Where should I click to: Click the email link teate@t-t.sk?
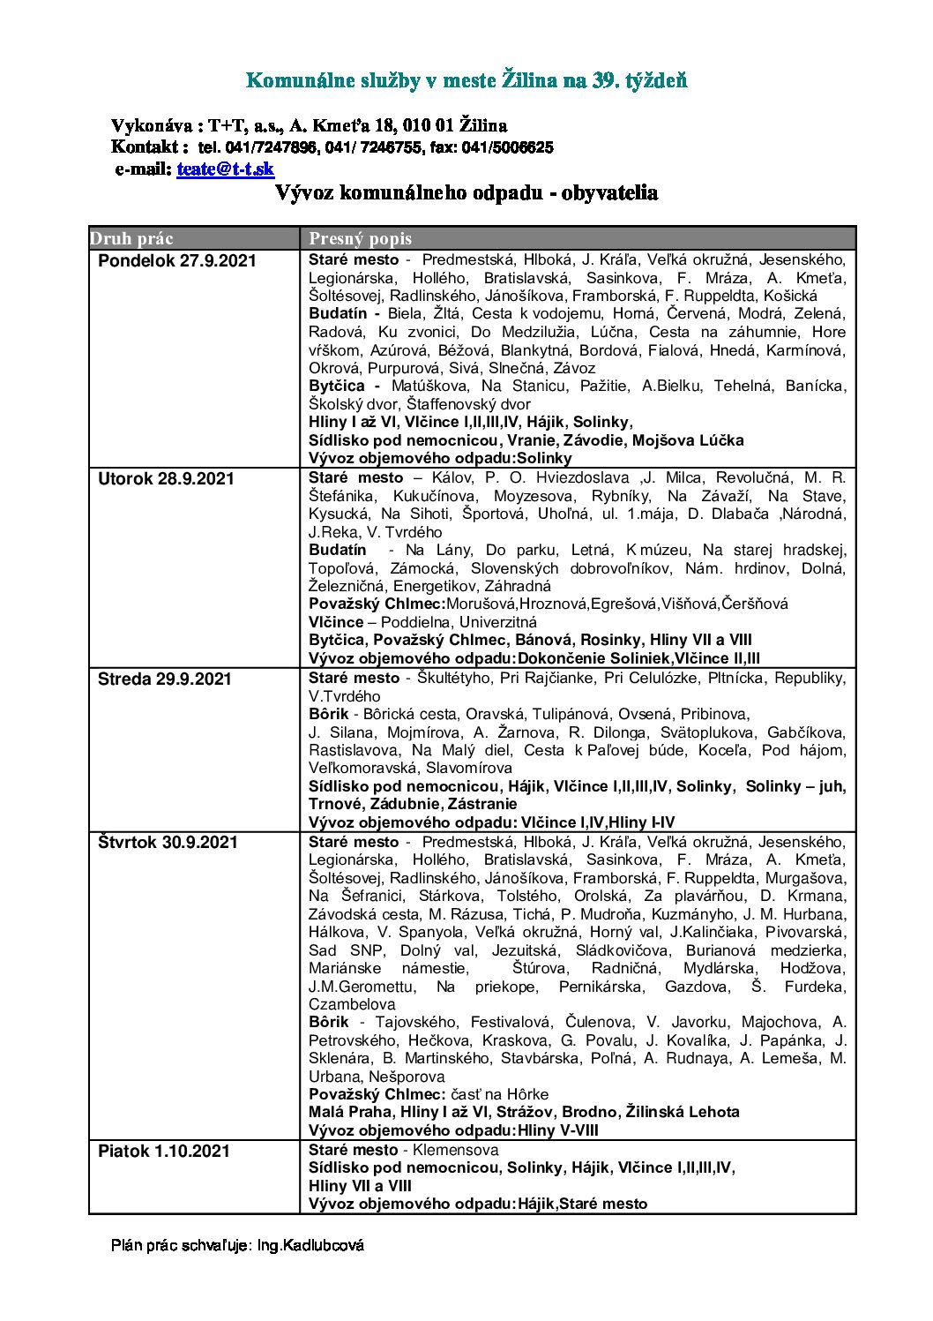coord(225,169)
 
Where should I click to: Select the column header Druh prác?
coord(131,238)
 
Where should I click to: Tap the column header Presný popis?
coord(360,238)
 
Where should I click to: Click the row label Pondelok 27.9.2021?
coord(176,260)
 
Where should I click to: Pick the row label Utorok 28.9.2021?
coord(166,478)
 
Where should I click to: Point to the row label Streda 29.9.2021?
coord(165,679)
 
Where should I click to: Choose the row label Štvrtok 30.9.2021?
coord(168,842)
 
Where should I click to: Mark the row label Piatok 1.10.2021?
coord(163,1151)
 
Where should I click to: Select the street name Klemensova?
coord(456,1150)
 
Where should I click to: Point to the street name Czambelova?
coord(352,1004)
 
